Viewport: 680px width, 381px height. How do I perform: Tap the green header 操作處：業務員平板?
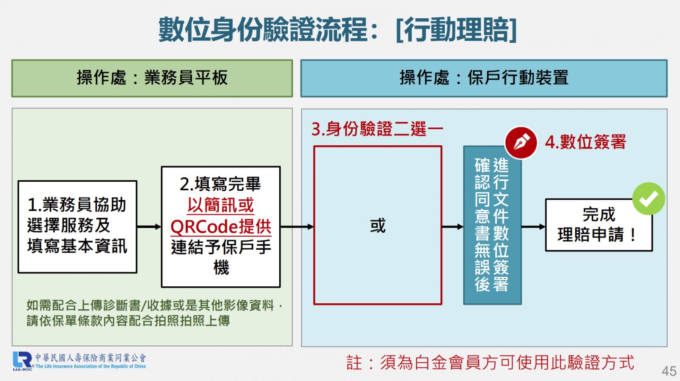coord(152,78)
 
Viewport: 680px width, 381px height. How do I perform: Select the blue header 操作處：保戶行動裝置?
coord(484,78)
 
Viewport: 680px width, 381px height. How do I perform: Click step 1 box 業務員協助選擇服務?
coord(77,227)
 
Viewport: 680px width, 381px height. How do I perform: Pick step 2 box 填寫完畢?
coord(221,226)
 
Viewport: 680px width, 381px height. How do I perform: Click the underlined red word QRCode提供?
coord(221,226)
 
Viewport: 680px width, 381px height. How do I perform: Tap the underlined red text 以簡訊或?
coord(221,205)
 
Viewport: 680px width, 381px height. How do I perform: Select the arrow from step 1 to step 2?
coord(149,226)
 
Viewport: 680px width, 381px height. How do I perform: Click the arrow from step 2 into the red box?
coord(297,226)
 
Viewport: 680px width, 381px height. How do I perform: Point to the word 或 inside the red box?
coord(378,226)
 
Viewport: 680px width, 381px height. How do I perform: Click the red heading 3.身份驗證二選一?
coord(377,129)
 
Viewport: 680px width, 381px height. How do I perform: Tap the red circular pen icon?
coord(521,143)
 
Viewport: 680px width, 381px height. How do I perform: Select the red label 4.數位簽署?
coord(585,142)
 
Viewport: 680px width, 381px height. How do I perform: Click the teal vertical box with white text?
coord(493,225)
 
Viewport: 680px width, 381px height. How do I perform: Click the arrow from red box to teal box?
coord(453,226)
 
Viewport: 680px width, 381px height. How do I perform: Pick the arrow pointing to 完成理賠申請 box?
coord(533,226)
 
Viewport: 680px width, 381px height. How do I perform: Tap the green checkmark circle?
coord(649,199)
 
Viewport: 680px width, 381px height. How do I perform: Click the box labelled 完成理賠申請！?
coord(599,225)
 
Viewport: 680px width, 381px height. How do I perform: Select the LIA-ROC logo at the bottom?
coord(79,361)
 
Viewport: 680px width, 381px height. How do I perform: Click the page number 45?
coord(669,371)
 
